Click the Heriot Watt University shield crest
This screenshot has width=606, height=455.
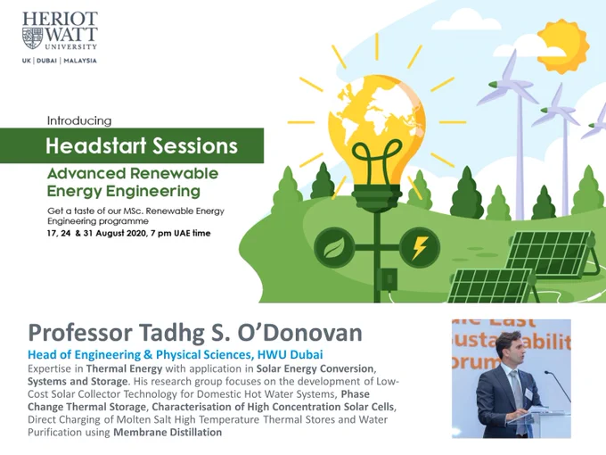[32, 37]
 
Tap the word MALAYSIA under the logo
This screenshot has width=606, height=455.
[80, 61]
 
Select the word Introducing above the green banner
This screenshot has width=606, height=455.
[79, 120]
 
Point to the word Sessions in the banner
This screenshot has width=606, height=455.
[195, 145]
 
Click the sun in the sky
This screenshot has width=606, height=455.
[563, 46]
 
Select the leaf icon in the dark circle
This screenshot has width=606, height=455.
[334, 248]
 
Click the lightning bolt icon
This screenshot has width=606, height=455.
[420, 248]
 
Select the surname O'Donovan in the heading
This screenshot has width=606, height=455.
[300, 333]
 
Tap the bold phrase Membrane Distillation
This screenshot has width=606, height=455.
[168, 432]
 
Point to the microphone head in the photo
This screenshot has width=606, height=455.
[547, 373]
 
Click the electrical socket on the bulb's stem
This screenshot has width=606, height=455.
[387, 278]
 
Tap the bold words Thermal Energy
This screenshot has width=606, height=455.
[124, 368]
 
